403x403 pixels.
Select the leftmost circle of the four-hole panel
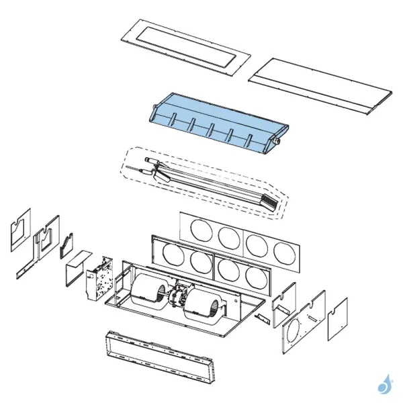pyautogui.click(x=200, y=230)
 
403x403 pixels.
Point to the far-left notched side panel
pyautogui.click(x=20, y=229)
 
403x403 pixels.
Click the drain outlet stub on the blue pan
pyautogui.click(x=275, y=142)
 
